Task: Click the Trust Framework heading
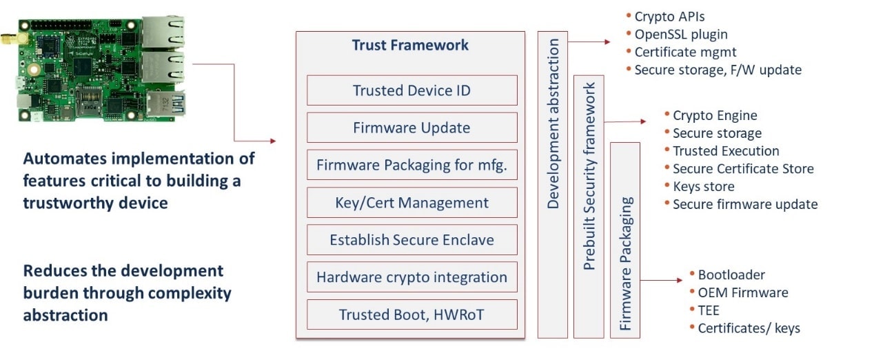tap(410, 46)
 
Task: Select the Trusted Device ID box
tap(411, 90)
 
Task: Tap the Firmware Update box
tap(411, 128)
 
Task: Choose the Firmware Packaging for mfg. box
tap(411, 166)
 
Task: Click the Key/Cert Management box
tap(411, 203)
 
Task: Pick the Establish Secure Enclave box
tap(411, 240)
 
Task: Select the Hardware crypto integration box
tap(411, 277)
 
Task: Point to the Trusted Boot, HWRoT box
tap(411, 314)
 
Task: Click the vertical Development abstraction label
tap(553, 124)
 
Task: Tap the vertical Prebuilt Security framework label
tap(589, 176)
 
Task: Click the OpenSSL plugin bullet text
tap(680, 34)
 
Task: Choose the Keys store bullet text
tap(703, 186)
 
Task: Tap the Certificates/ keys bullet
tap(749, 328)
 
